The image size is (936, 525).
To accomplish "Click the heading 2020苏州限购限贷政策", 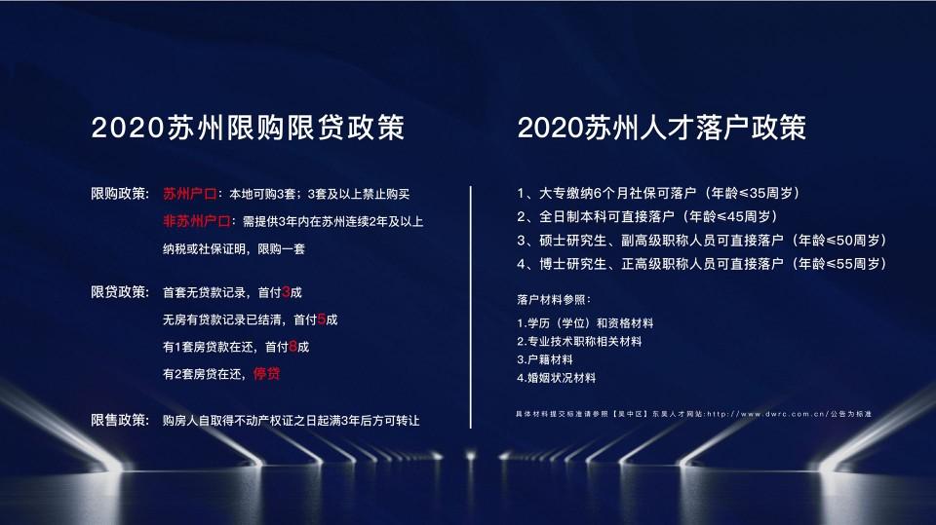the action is (x=248, y=128).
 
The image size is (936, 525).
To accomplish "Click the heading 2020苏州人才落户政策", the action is (x=662, y=128).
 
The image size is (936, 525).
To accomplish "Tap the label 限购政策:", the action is (x=120, y=194).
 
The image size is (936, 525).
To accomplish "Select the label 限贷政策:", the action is (x=120, y=292).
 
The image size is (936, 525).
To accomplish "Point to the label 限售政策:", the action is (x=120, y=420).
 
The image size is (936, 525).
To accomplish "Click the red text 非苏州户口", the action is (x=197, y=221).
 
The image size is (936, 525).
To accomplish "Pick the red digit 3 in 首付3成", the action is (x=286, y=292).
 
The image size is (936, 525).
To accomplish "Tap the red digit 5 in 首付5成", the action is (x=322, y=319).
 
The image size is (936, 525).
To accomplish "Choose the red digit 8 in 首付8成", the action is (x=293, y=347).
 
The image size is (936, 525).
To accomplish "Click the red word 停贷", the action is (x=267, y=374).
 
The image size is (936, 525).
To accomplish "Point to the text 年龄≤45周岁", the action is (x=730, y=216).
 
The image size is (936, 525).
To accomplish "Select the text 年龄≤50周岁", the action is (x=839, y=241).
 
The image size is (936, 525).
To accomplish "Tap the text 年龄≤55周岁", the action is (x=839, y=264).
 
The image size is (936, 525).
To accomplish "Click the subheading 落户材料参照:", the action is (x=554, y=299).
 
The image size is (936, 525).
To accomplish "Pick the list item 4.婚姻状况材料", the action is (x=557, y=378).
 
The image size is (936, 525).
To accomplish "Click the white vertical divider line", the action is (x=471, y=307).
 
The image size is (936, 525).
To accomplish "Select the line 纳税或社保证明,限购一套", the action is (x=234, y=248).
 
